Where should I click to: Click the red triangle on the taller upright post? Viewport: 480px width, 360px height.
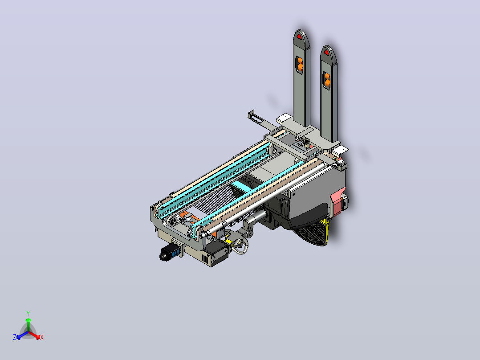pos(299,37)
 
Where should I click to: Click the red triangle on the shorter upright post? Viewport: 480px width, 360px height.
pos(326,53)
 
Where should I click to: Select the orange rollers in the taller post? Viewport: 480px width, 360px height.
pos(299,65)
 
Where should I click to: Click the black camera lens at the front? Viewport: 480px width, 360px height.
pos(164,255)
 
